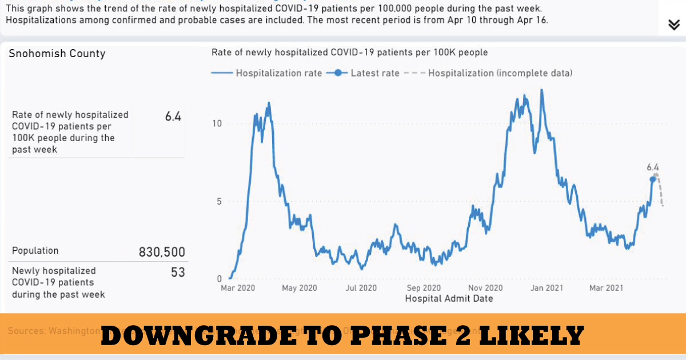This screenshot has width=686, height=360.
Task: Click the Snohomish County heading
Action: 57,54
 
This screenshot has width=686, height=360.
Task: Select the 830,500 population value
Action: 162,252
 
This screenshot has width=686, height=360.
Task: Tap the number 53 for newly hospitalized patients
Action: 178,272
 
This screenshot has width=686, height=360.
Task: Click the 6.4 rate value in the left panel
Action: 173,117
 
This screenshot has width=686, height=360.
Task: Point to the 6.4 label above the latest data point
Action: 653,167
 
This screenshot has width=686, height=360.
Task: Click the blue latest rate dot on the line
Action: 653,179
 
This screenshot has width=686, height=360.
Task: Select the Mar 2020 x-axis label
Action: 237,288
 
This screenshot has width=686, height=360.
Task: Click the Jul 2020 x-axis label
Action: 361,288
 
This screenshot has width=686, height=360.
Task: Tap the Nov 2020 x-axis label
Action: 485,288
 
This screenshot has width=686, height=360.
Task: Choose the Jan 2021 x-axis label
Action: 548,288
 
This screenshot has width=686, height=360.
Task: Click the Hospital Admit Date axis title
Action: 449,298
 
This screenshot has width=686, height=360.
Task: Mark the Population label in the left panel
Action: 35,251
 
